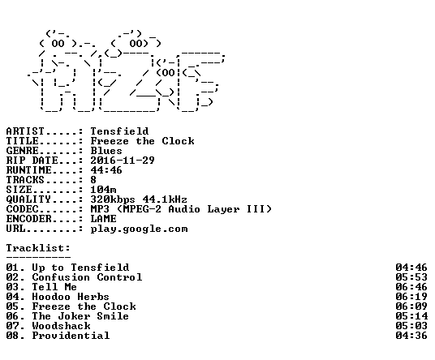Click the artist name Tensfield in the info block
119,131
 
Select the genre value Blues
106,151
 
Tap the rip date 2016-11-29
123,161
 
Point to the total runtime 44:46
106,170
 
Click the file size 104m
103,190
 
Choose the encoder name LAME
103,219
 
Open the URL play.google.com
139,229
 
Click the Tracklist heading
38,248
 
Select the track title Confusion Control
87,277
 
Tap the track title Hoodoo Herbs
71,297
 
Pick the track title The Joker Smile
80,316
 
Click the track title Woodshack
62,326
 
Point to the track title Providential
71,336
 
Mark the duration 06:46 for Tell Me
411,287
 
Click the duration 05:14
411,316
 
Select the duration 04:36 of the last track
411,336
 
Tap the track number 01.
13,268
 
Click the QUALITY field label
28,199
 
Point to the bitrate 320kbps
113,199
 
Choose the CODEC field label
22,209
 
